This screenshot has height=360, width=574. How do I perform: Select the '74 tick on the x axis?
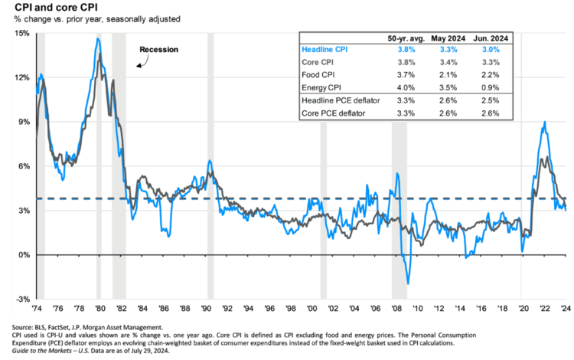pos(37,309)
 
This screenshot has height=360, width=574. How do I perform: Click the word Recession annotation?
pos(158,50)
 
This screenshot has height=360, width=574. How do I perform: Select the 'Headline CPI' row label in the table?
pos(325,49)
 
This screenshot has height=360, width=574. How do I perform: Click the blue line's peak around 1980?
pos(98,38)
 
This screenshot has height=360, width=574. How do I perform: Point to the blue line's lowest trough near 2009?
pos(408,283)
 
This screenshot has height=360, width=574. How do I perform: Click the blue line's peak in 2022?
pos(544,123)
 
